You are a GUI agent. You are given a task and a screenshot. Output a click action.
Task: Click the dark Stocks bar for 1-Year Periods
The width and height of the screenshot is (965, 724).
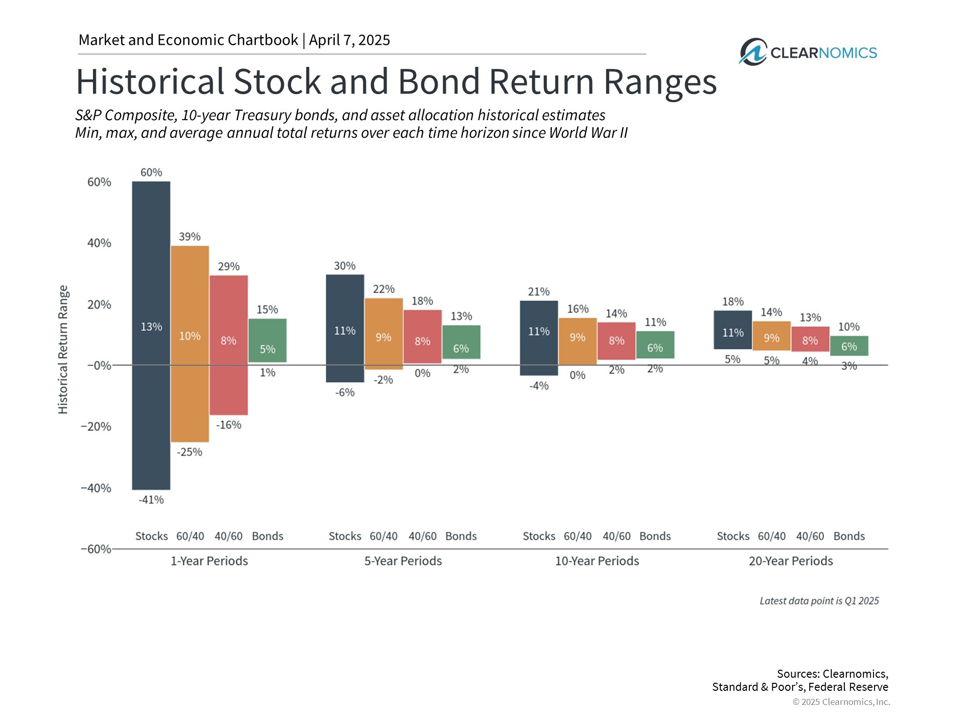click(151, 335)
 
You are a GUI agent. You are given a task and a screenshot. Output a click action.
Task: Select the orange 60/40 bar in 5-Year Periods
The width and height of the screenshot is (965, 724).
click(383, 334)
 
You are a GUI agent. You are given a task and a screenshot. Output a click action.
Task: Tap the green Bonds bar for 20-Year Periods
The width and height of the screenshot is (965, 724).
click(849, 346)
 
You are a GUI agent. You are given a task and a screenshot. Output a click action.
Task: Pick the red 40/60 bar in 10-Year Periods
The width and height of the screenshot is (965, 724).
click(617, 341)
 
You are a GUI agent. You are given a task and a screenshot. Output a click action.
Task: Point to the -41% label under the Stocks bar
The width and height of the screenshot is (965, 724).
click(151, 500)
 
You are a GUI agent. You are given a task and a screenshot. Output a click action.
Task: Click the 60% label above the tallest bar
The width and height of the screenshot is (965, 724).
click(151, 172)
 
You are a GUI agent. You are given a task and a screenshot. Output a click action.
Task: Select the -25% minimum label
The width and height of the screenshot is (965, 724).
click(189, 452)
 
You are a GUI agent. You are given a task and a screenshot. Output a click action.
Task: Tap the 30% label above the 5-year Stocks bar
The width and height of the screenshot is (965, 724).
click(345, 265)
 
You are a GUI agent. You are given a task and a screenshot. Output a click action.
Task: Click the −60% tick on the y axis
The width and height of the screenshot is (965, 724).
click(96, 549)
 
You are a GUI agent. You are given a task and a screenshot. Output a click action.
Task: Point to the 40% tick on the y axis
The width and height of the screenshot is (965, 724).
click(99, 243)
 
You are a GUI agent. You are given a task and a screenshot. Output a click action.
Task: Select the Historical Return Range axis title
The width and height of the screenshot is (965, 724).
click(63, 349)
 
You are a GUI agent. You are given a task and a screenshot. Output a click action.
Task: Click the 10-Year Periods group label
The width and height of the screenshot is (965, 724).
click(597, 561)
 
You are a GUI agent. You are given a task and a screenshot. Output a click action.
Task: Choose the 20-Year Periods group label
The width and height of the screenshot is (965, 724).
click(791, 561)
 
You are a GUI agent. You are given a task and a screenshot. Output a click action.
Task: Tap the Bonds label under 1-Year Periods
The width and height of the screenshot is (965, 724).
click(267, 536)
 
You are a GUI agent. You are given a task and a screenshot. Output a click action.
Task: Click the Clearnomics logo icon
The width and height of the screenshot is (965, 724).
click(753, 52)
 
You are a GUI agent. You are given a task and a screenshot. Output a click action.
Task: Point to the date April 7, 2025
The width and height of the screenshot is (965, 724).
click(349, 40)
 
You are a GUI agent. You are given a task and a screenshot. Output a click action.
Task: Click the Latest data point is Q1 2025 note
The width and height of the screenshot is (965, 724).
click(819, 601)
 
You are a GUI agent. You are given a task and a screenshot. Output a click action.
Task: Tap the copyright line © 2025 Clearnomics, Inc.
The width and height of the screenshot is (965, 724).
click(841, 702)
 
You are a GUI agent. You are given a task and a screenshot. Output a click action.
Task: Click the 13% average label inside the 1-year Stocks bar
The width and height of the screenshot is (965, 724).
click(151, 327)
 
